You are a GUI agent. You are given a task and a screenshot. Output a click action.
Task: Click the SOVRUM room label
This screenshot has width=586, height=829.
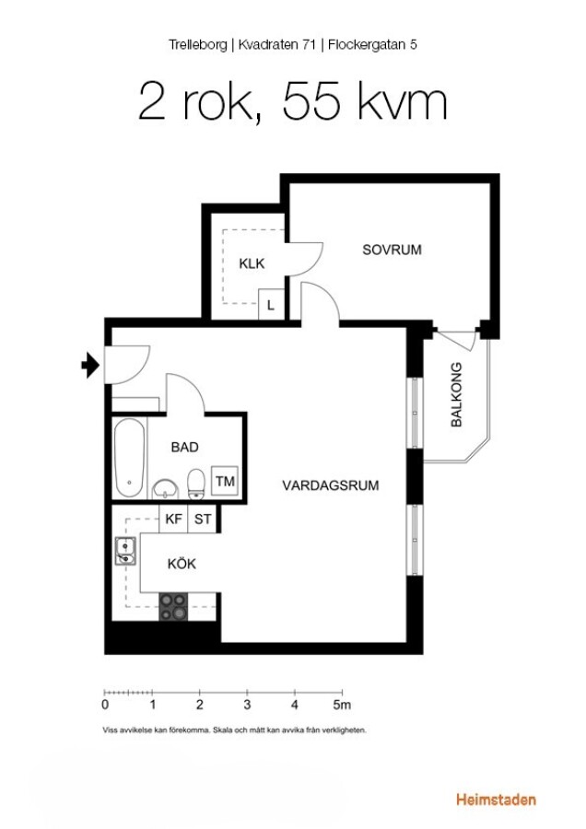click(x=392, y=250)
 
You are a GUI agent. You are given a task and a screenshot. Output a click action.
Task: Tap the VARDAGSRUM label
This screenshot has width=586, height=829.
click(x=331, y=485)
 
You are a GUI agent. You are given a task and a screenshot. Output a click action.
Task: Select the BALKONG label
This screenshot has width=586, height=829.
click(x=456, y=394)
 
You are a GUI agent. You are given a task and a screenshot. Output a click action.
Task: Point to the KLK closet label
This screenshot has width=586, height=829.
click(x=252, y=263)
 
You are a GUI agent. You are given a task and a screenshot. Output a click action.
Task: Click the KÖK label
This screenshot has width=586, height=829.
click(x=182, y=563)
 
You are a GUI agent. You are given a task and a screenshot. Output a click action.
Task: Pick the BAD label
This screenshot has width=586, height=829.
click(x=184, y=448)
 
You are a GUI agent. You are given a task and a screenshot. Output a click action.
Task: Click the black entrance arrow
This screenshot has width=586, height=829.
click(x=90, y=365)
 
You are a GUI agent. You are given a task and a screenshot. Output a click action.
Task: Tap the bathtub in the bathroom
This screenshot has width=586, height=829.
click(x=130, y=458)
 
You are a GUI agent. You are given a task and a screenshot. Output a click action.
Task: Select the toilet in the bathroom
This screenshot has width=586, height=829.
click(x=196, y=484)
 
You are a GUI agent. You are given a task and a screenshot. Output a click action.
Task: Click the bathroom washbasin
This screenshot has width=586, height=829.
click(x=166, y=490)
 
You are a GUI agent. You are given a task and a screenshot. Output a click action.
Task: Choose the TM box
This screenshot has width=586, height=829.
click(x=225, y=481)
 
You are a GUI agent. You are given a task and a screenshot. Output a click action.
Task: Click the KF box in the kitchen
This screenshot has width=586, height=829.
click(x=173, y=520)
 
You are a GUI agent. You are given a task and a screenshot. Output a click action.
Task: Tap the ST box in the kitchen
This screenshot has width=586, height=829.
click(x=203, y=520)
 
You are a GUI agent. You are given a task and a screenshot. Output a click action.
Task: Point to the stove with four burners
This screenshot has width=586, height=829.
click(x=173, y=606)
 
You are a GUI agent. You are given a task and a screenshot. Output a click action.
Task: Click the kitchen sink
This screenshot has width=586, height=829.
click(x=125, y=551)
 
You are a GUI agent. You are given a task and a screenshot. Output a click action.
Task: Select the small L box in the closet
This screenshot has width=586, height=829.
click(x=271, y=305)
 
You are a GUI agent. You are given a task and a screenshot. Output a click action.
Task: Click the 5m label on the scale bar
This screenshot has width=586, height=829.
click(x=342, y=705)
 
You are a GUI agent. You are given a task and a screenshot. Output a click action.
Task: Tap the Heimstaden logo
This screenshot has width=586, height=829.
click(x=496, y=800)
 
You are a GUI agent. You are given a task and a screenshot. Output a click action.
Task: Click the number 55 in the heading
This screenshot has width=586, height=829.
click(x=311, y=101)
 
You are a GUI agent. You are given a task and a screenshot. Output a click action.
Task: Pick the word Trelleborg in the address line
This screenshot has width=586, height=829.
click(x=198, y=44)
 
